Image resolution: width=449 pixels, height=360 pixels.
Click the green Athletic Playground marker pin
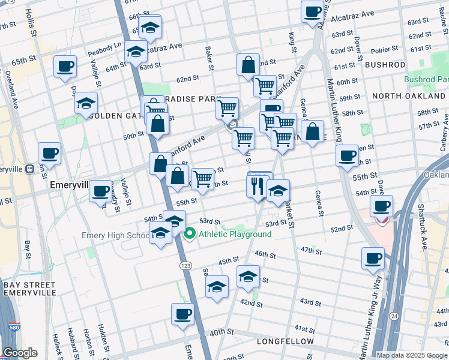click(190, 234)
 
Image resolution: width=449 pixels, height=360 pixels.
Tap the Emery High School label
click(116, 235)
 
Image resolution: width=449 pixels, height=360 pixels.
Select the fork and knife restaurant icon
click(255, 185)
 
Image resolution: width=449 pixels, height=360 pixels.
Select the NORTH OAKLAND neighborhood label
click(408, 96)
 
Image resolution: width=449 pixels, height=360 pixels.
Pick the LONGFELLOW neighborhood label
click(285, 341)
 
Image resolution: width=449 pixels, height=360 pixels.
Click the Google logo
click(19, 353)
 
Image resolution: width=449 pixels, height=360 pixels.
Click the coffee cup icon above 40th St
click(182, 313)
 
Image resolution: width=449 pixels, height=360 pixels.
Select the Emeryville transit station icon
click(29, 169)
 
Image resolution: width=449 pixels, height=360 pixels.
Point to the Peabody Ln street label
click(104, 45)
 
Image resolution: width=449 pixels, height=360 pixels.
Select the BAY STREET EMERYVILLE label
click(29, 290)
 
